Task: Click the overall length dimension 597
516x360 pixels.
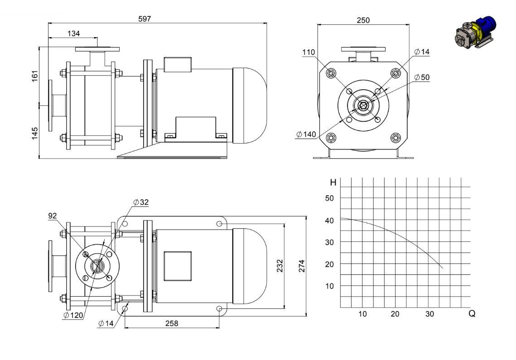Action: tap(145, 19)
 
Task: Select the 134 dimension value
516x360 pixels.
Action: tap(74, 34)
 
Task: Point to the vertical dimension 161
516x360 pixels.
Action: tap(35, 76)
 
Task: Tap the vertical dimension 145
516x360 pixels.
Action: tap(35, 133)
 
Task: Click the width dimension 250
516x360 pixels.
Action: tap(363, 20)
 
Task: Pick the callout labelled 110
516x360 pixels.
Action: tap(309, 53)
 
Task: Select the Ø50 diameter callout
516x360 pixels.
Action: tap(422, 77)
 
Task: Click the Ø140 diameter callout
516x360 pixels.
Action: tap(306, 134)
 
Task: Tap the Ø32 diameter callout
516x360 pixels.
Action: tap(141, 202)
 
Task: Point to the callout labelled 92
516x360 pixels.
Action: tap(53, 216)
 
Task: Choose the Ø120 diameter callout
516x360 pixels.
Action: tap(73, 315)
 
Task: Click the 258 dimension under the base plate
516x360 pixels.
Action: tap(172, 323)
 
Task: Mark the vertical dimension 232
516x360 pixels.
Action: tap(280, 266)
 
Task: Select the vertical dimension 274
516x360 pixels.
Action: tap(302, 266)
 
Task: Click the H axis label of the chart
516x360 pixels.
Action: tap(333, 182)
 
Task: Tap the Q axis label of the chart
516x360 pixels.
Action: tap(472, 314)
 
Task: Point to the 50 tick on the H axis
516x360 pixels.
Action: tap(329, 198)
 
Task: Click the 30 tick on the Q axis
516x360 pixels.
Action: tap(430, 314)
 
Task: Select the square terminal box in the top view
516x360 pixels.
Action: tap(178, 266)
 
